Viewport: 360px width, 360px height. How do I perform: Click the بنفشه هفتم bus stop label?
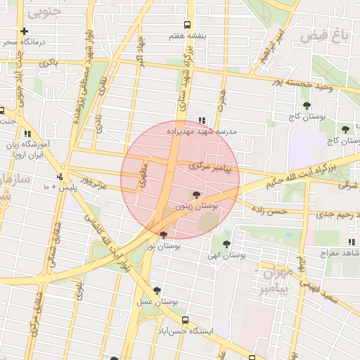point(187,34)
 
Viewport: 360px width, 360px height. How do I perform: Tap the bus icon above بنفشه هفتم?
point(187,24)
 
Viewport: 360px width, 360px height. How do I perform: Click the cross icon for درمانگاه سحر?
point(25,31)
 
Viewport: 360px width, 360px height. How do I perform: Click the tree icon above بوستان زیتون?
point(196,195)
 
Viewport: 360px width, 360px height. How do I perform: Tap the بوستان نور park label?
point(164,246)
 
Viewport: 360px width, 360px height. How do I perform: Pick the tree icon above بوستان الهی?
point(225,244)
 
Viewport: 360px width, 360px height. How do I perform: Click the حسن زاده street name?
point(271,210)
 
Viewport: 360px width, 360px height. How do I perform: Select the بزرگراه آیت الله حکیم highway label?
point(315,169)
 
